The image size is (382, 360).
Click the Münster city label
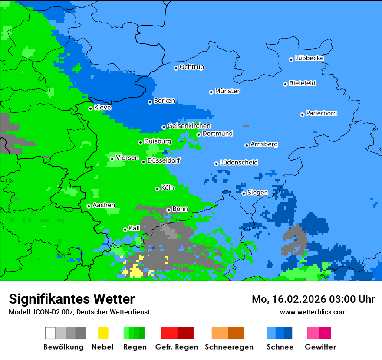227,91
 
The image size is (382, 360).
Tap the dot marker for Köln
157,189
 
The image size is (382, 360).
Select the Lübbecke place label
309,58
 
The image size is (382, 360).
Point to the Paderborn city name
321,113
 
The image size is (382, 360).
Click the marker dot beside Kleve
90,108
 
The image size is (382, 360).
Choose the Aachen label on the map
104,205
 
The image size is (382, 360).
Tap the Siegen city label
257,193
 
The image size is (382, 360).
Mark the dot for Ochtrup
176,68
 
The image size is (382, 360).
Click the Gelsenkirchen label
189,126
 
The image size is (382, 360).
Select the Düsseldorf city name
164,160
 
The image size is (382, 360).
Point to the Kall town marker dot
125,229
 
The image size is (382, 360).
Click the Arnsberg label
264,144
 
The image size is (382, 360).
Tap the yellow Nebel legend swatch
103,333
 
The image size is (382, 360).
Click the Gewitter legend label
320,347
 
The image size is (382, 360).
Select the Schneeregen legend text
229,347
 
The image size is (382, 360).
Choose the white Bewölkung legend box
50,333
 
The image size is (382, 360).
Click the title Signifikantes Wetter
72,299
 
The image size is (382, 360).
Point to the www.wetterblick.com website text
313,312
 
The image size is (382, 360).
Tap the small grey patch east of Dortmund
246,126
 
